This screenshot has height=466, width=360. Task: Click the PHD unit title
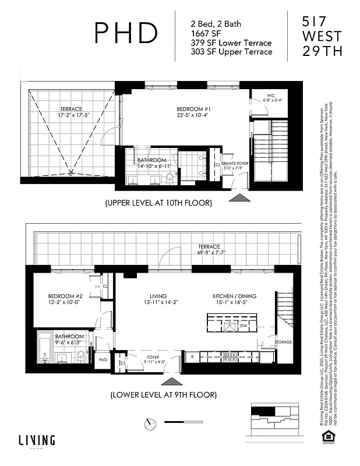pyautogui.click(x=126, y=34)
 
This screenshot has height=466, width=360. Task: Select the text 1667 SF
pyautogui.click(x=207, y=33)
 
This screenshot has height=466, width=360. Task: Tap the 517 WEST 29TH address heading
pyautogui.click(x=322, y=36)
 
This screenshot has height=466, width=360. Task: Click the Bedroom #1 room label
pyautogui.click(x=193, y=109)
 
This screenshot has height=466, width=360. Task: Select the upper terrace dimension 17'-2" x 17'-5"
pyautogui.click(x=71, y=115)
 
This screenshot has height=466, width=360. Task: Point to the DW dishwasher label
pyautogui.click(x=243, y=326)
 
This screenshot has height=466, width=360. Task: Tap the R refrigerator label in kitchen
pyautogui.click(x=192, y=355)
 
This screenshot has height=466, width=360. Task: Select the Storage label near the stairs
pyautogui.click(x=284, y=342)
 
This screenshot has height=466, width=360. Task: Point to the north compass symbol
pyautogui.click(x=152, y=422)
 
